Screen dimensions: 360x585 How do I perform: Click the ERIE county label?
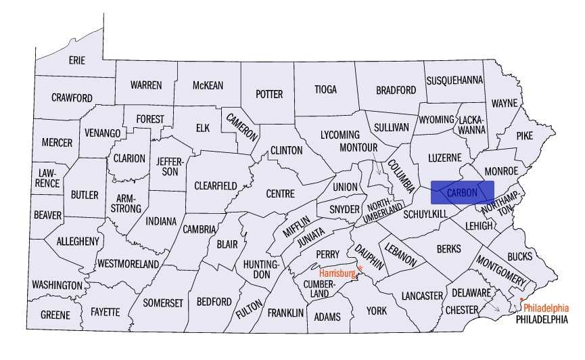pos(77,60)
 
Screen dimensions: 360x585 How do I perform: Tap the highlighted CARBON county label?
pos(462,192)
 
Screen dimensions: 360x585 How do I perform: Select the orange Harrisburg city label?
pos(337,273)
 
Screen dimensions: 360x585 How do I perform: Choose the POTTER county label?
pos(268,94)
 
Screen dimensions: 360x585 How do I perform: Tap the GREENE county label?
pos(55,315)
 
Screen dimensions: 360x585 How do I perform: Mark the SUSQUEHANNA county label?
pos(454,81)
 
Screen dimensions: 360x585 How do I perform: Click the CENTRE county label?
pos(280,194)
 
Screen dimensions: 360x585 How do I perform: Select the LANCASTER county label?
pos(421,296)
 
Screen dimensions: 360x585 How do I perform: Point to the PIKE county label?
pos(525,135)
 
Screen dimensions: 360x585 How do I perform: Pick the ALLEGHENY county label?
pos(78,241)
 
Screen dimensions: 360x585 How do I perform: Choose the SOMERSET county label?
pos(162,302)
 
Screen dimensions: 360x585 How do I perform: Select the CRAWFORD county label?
pos(72,98)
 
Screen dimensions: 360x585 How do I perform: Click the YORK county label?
pos(377,311)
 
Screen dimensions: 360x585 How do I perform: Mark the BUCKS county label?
pos(519,256)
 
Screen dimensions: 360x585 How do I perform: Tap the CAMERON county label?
pos(241,125)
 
